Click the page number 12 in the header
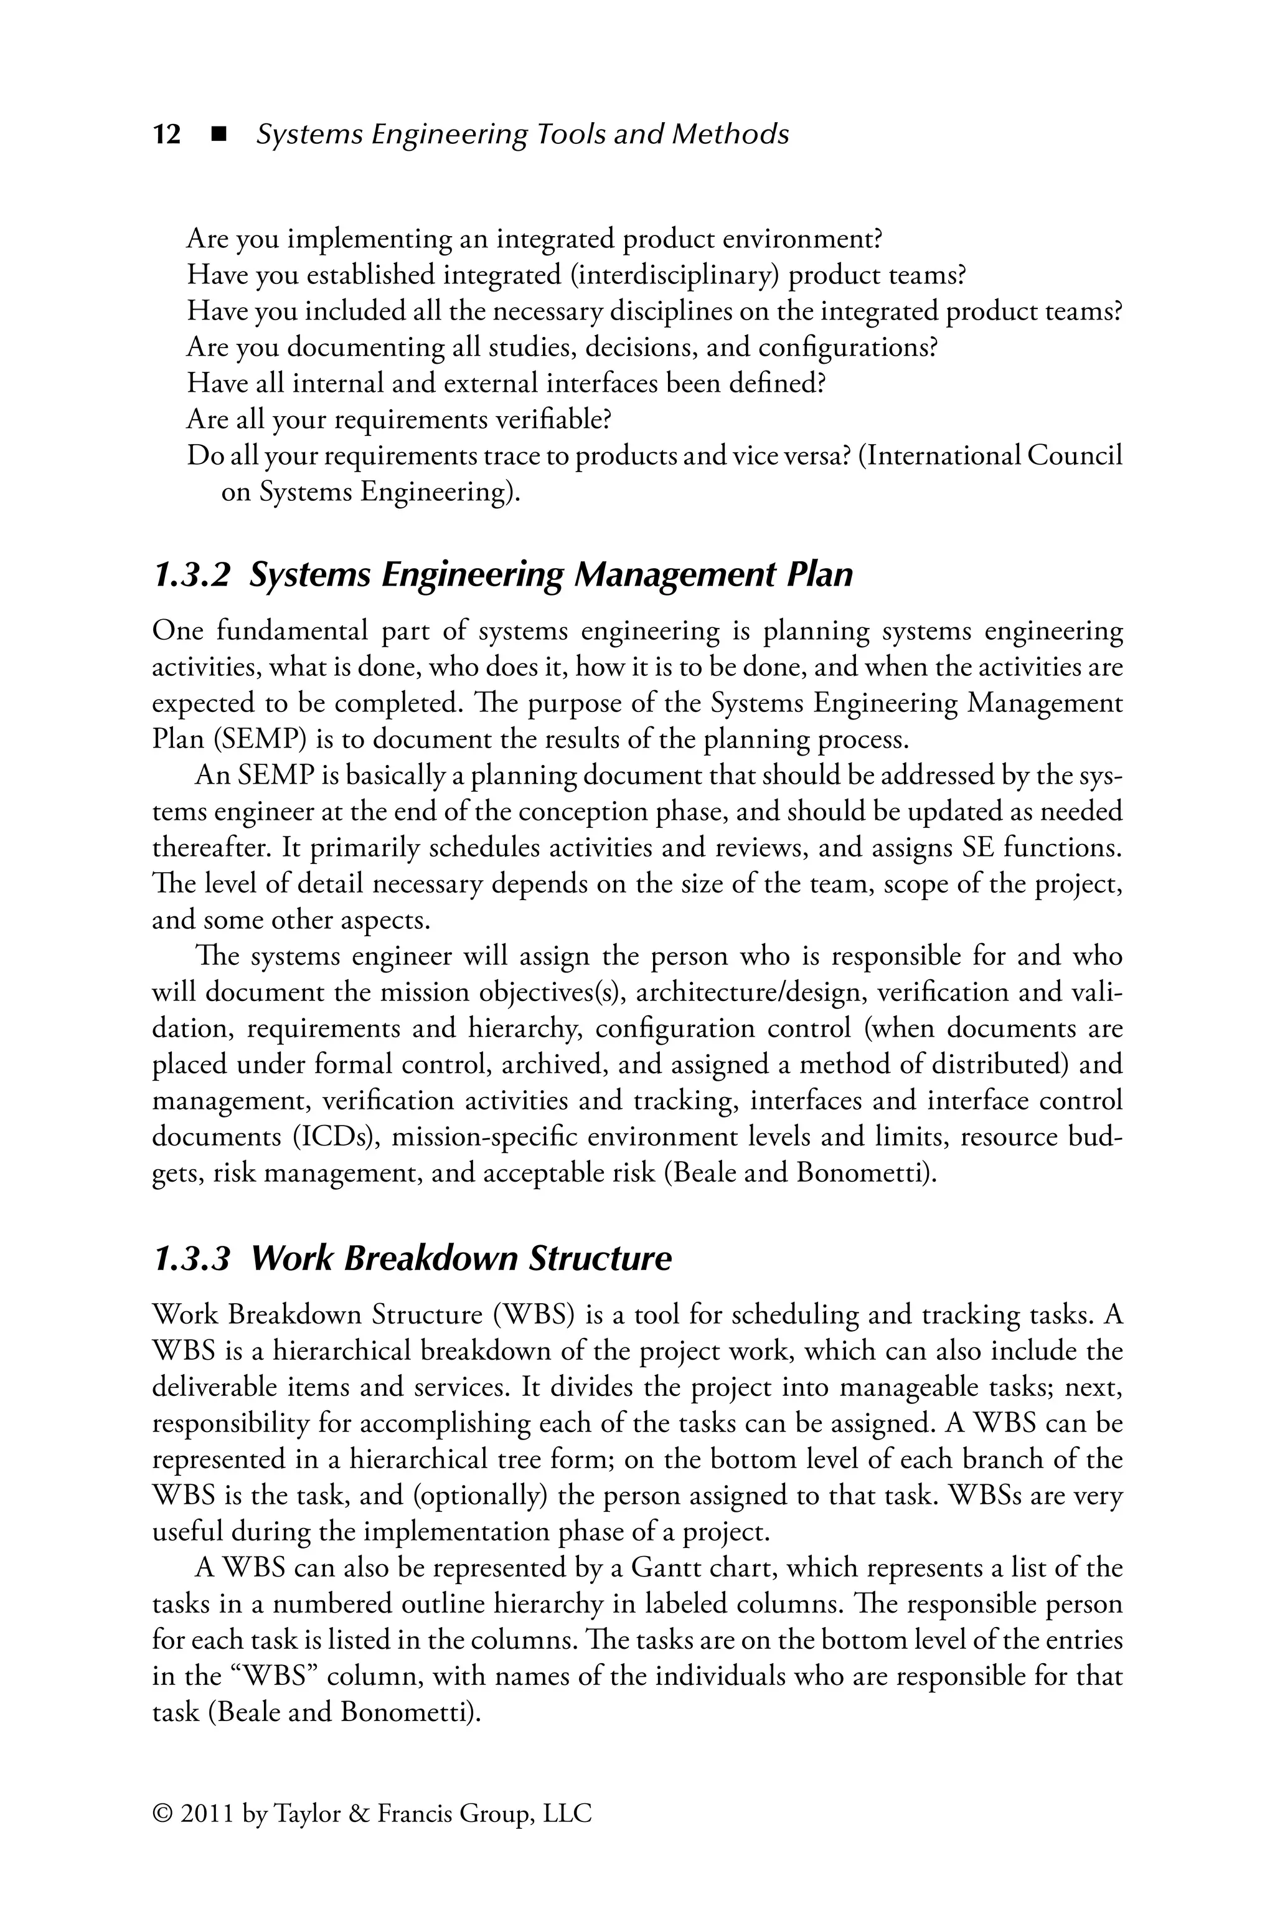coord(167,134)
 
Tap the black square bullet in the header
coord(217,134)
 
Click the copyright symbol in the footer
coord(162,1814)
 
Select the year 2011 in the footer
coord(207,1814)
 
